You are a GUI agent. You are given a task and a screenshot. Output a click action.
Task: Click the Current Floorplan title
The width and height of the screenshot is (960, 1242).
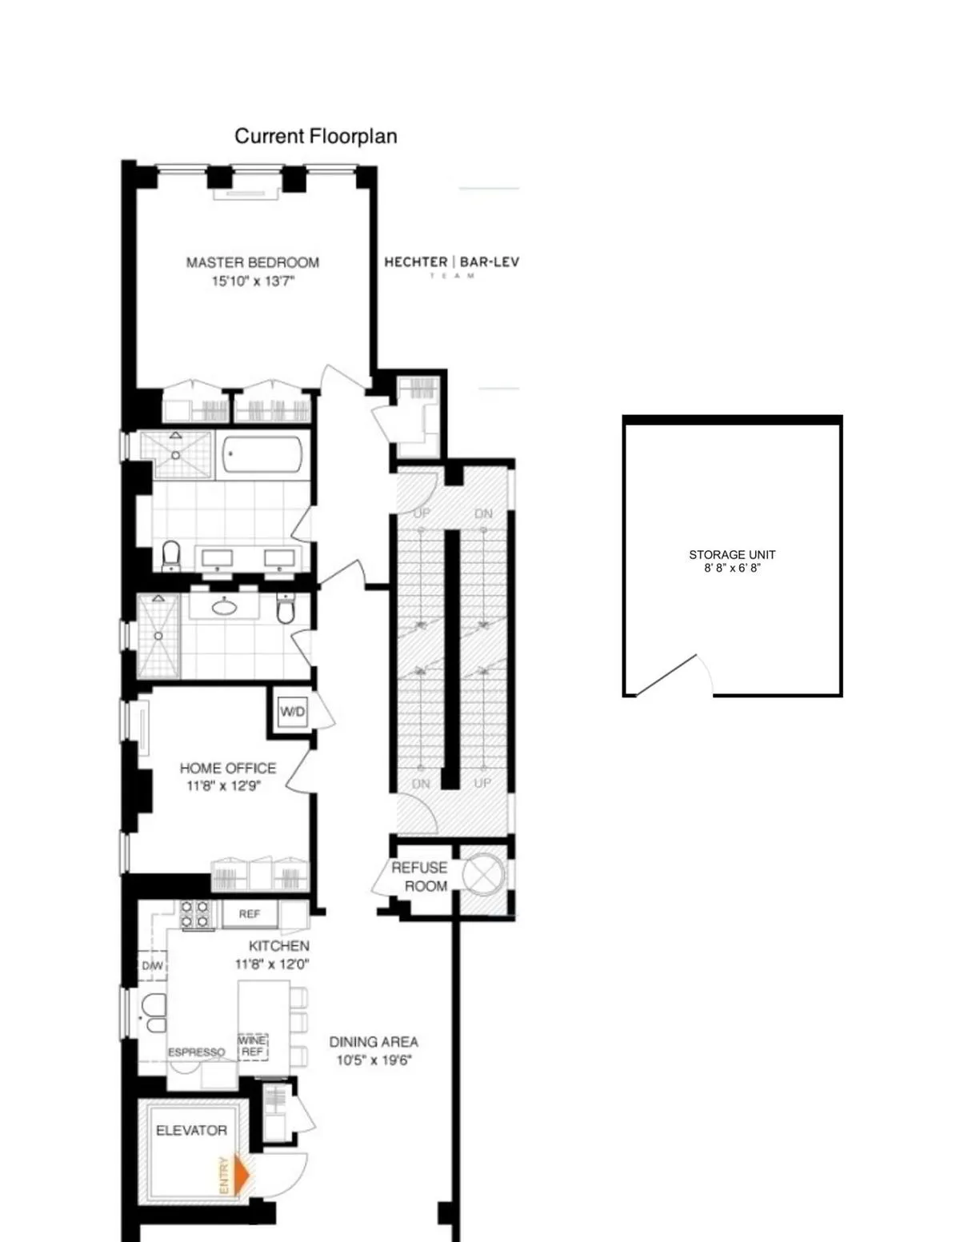316,136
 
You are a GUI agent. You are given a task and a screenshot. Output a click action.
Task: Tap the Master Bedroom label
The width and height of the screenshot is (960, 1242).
253,262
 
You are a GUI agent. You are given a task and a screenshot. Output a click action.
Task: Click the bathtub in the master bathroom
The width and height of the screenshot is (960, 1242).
262,455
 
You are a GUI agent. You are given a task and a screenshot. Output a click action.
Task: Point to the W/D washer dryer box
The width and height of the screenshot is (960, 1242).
292,711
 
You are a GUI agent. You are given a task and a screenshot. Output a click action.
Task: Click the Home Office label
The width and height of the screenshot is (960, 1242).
228,768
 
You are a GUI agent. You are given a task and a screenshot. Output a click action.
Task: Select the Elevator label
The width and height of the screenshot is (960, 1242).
191,1130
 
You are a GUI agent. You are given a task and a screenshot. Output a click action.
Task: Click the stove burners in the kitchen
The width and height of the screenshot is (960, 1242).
196,915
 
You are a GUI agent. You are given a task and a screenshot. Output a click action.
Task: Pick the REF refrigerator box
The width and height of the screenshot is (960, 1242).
250,913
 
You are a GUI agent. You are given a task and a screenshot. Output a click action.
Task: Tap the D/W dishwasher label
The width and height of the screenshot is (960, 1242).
152,966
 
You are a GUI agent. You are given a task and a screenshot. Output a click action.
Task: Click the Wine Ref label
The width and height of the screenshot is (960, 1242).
253,1046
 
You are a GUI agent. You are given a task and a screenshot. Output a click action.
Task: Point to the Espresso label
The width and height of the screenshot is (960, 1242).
196,1052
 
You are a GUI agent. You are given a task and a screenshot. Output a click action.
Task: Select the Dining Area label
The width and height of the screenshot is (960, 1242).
374,1042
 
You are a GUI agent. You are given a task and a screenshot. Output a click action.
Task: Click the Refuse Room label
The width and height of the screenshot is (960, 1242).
420,877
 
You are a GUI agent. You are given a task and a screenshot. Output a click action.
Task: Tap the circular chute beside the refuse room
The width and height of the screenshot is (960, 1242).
483,875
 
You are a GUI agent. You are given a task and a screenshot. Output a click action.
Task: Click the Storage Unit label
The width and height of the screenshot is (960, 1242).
732,554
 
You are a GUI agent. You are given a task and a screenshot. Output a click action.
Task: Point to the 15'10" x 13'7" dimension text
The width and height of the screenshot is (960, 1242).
253,282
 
